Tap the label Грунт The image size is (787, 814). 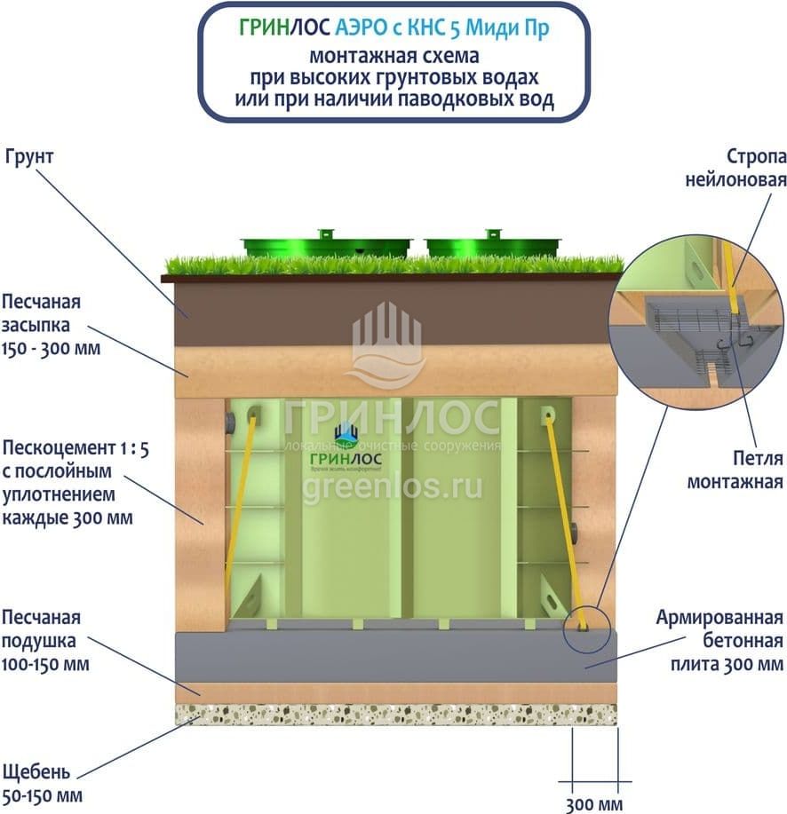pos(31,157)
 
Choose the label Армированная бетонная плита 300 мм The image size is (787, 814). pos(719,640)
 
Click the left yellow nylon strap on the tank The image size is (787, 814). pos(240,506)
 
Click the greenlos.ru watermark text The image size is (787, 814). pos(393,487)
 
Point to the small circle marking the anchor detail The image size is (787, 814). pos(584,622)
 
